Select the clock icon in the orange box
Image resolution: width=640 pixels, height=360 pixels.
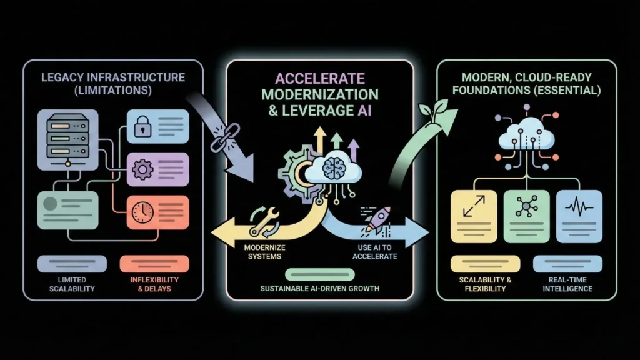click(141, 211)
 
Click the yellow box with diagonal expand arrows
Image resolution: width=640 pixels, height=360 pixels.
click(473, 215)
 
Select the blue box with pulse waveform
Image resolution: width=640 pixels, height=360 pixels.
click(578, 215)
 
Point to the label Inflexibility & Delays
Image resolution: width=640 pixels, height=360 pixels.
click(154, 284)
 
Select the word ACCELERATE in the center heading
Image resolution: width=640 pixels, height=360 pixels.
click(319, 79)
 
